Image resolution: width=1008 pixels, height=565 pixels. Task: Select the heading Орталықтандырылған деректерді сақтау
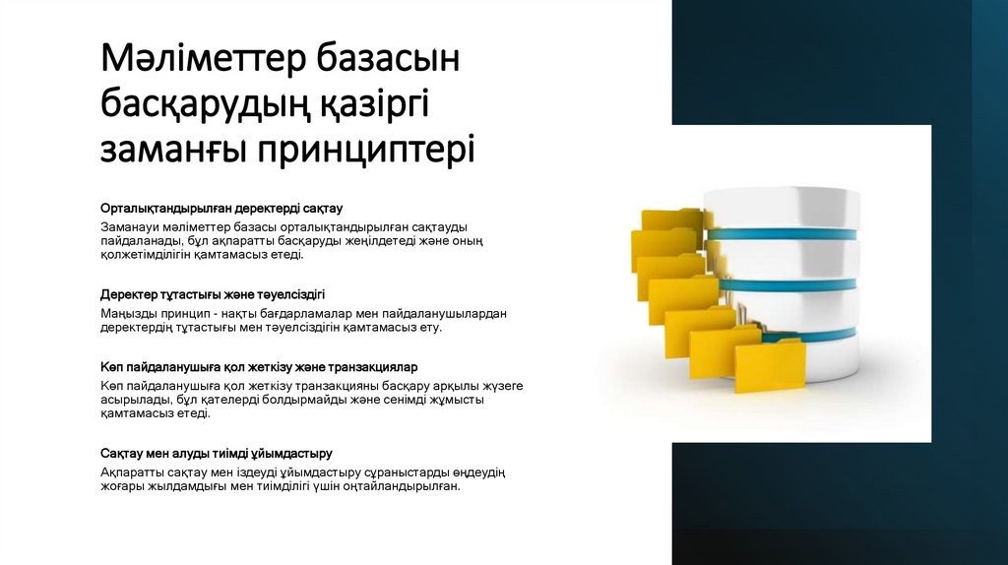(x=221, y=209)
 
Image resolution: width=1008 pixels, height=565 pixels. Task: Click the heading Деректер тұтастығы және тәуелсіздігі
(x=213, y=294)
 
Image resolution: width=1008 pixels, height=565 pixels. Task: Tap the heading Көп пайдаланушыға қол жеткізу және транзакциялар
(x=260, y=367)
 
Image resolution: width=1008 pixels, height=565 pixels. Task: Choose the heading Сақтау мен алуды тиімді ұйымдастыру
(x=217, y=453)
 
